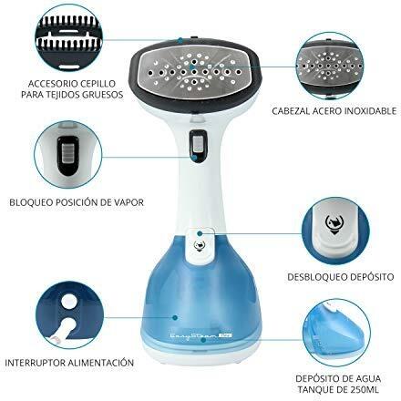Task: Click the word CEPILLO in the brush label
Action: (98, 83)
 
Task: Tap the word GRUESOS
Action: (103, 95)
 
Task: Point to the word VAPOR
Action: (129, 202)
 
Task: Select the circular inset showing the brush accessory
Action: (69, 39)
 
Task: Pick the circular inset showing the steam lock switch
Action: (68, 156)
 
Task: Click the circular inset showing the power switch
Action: (69, 316)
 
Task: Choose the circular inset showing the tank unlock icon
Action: (335, 232)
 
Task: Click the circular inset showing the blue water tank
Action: (336, 333)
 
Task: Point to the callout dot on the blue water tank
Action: (175, 318)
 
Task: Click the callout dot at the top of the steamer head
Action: (180, 40)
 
